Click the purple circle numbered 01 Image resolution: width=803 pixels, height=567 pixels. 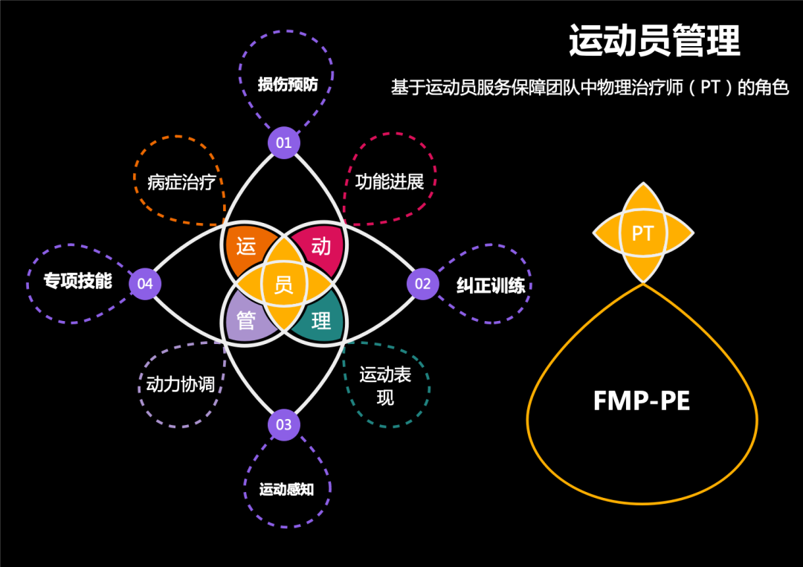point(284,142)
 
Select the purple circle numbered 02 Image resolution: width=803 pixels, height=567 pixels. point(422,284)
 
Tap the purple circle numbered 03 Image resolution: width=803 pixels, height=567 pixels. point(284,425)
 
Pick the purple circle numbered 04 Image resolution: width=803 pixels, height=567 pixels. point(145,284)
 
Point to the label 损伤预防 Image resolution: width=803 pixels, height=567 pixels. point(288,85)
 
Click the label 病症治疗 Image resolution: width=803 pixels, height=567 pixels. point(181,182)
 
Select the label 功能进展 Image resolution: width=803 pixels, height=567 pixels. point(390,182)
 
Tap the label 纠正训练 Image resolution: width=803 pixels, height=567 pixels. point(491,286)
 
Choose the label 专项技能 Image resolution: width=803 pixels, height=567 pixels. point(77,281)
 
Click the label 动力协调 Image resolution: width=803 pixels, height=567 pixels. point(181,384)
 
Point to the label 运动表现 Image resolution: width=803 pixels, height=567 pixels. point(385,386)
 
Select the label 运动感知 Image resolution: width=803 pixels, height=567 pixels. point(286,490)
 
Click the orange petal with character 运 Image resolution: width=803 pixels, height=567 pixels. point(246,247)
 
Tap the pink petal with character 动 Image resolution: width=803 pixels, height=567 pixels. point(321,247)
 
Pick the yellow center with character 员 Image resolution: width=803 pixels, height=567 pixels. point(284,284)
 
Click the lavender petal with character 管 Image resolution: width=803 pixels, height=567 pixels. point(246,321)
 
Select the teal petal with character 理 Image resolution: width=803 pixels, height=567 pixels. point(321,321)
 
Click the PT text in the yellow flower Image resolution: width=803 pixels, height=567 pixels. point(642,234)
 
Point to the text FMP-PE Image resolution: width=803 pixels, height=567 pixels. point(642,401)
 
